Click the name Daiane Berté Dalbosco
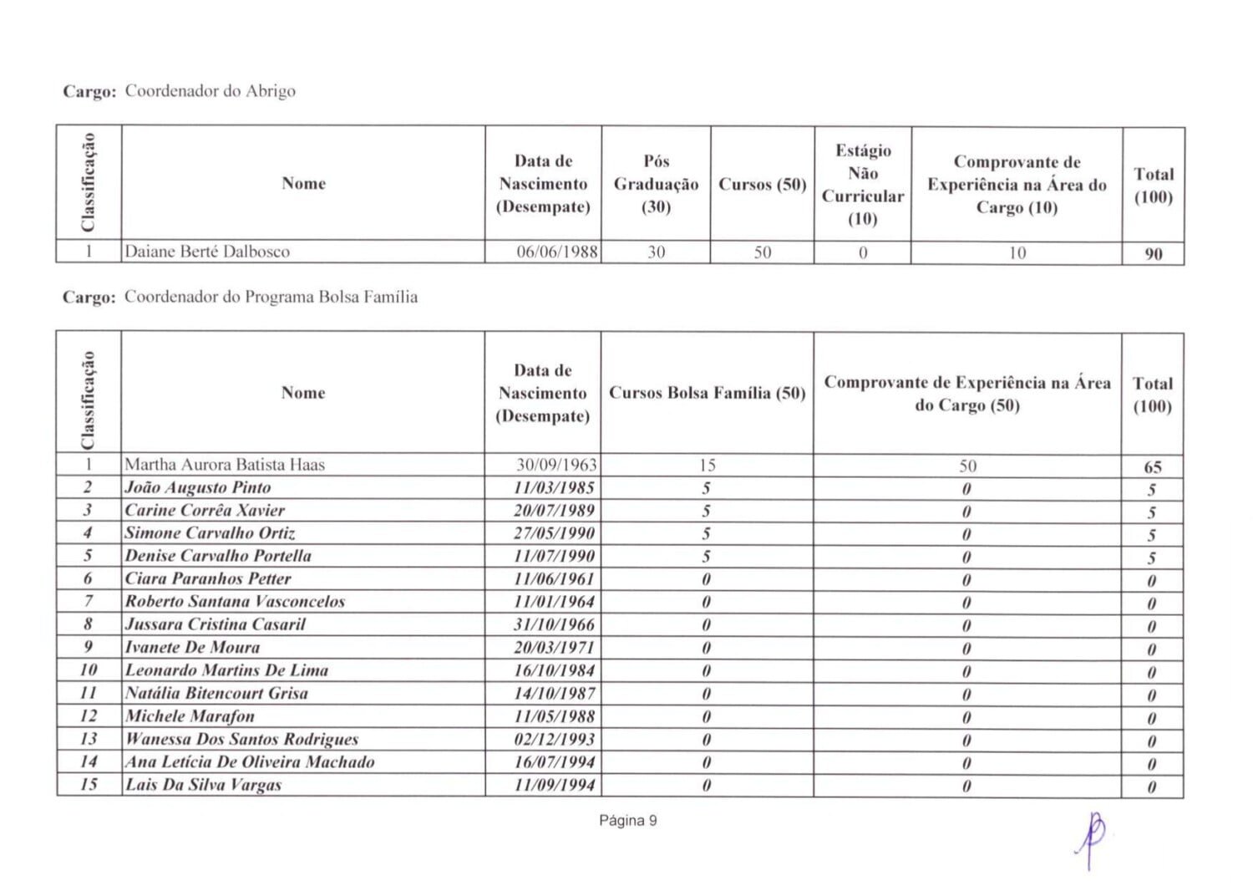[207, 252]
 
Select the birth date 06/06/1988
[557, 252]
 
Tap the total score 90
[1153, 254]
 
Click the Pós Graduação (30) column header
[656, 184]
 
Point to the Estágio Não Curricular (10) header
[862, 185]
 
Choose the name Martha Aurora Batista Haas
[225, 465]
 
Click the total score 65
[1152, 467]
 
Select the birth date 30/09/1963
[556, 465]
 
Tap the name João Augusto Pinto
[198, 487]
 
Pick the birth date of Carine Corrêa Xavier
[554, 511]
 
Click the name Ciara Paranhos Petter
[208, 578]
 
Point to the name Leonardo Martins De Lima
[227, 670]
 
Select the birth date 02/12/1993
[554, 739]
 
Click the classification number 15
[89, 784]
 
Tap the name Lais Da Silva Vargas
[203, 785]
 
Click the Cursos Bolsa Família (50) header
[707, 393]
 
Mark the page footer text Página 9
[628, 821]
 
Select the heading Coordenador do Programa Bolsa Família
[271, 297]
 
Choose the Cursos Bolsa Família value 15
[707, 466]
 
